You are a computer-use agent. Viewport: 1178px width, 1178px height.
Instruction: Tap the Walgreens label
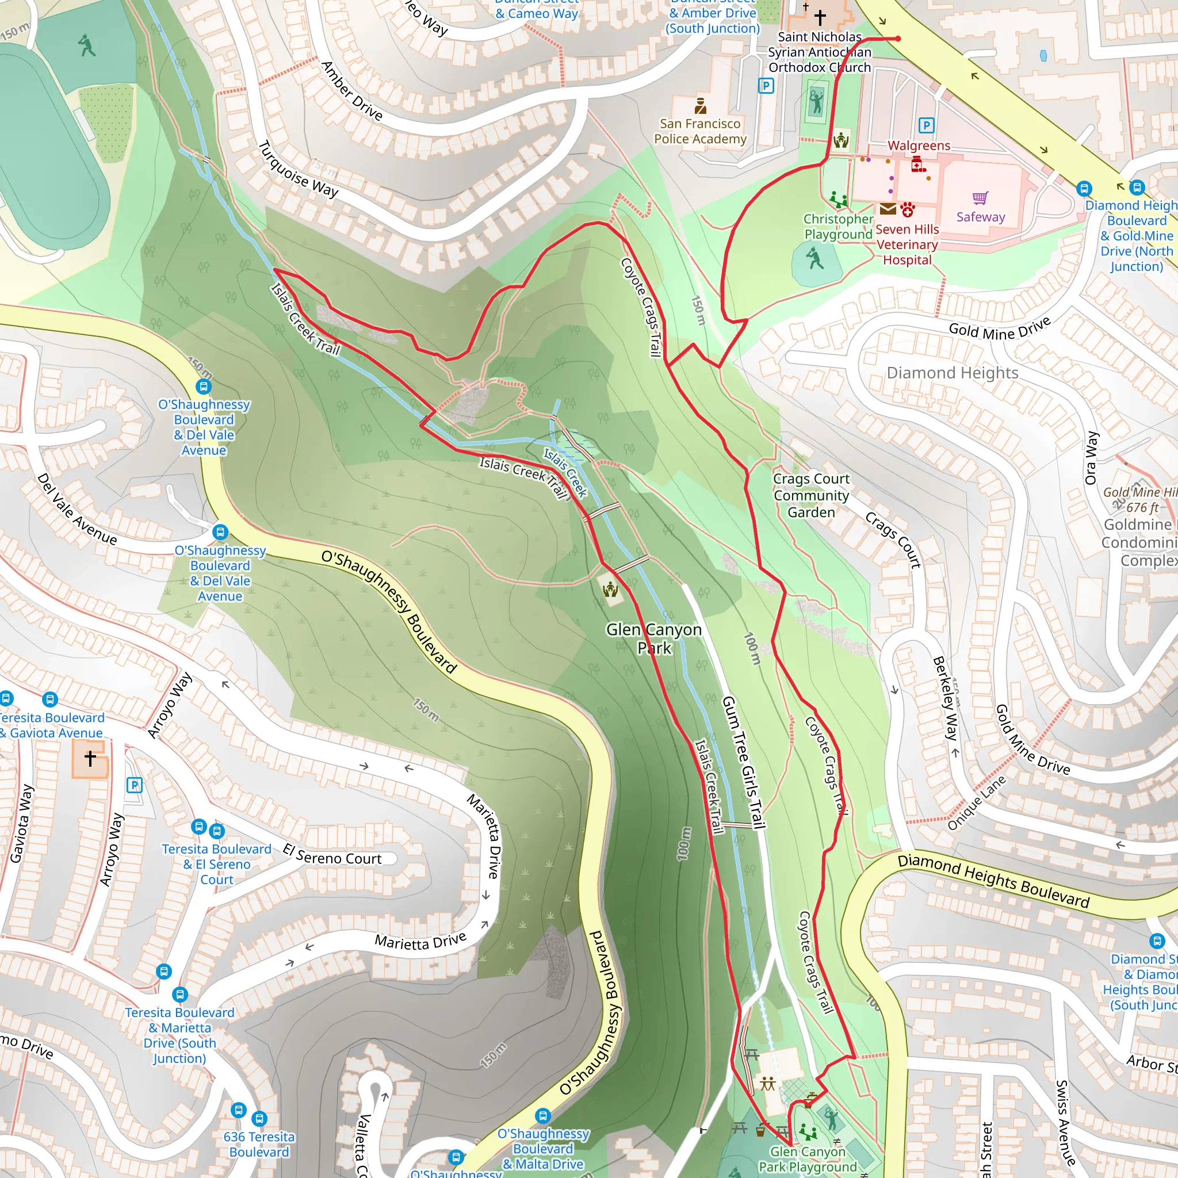pyautogui.click(x=919, y=146)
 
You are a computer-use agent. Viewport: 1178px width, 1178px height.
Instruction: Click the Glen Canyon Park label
pyautogui.click(x=653, y=638)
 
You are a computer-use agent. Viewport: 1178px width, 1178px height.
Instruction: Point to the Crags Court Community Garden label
pyautogui.click(x=811, y=495)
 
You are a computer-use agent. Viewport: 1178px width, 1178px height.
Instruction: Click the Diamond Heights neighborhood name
pyautogui.click(x=952, y=373)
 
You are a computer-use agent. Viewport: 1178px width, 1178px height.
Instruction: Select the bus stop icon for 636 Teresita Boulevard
pyautogui.click(x=259, y=1118)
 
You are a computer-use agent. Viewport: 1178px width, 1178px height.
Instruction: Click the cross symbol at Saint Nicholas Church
pyautogui.click(x=820, y=17)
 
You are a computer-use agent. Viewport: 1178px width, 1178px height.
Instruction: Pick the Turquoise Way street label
pyautogui.click(x=298, y=170)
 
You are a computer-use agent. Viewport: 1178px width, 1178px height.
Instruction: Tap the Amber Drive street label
pyautogui.click(x=352, y=91)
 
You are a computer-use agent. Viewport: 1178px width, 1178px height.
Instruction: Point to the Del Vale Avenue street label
pyautogui.click(x=77, y=509)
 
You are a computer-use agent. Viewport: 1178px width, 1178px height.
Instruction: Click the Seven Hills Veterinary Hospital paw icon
pyautogui.click(x=908, y=210)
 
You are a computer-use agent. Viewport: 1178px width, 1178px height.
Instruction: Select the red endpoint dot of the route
pyautogui.click(x=898, y=39)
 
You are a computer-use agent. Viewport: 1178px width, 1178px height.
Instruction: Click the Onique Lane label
pyautogui.click(x=976, y=802)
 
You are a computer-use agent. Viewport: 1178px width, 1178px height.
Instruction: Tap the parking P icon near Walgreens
pyautogui.click(x=926, y=125)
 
